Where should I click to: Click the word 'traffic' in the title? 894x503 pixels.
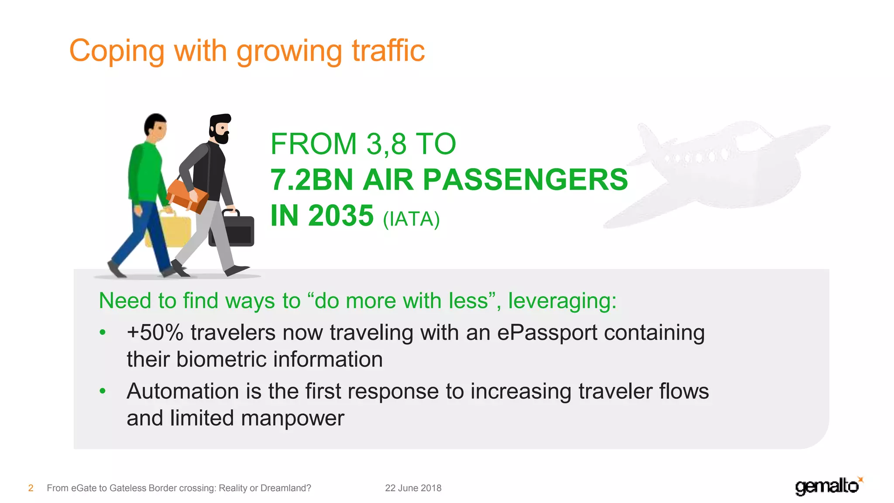(388, 51)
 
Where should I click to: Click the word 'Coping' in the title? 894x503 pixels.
(117, 52)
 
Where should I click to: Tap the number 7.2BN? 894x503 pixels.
(311, 180)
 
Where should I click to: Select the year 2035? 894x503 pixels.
(341, 216)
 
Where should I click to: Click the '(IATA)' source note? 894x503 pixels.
(411, 219)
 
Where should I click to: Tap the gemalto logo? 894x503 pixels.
(828, 486)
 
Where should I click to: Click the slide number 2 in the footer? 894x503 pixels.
(31, 488)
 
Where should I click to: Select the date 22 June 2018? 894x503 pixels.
(413, 488)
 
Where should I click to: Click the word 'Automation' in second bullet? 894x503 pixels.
(182, 391)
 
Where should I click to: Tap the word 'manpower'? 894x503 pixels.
(292, 418)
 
